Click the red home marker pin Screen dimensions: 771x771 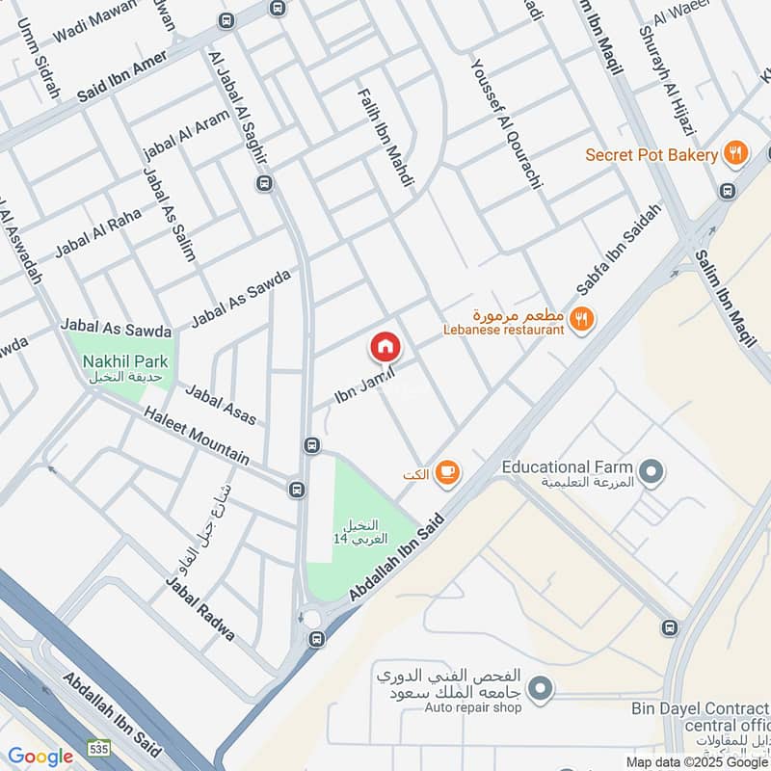tap(385, 346)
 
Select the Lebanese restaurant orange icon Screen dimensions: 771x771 tap(580, 319)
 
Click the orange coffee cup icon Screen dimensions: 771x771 tap(445, 471)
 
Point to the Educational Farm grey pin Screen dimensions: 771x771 tap(652, 471)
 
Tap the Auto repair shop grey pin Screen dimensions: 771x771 tap(542, 688)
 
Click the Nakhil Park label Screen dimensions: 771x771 tap(125, 361)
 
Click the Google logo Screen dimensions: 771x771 tap(40, 757)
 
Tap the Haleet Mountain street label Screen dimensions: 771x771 tap(196, 436)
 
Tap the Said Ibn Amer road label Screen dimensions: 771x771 tap(122, 77)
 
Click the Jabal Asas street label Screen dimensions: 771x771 tap(221, 405)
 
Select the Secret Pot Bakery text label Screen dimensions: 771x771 tap(651, 155)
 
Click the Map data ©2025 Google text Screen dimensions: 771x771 tap(696, 761)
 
